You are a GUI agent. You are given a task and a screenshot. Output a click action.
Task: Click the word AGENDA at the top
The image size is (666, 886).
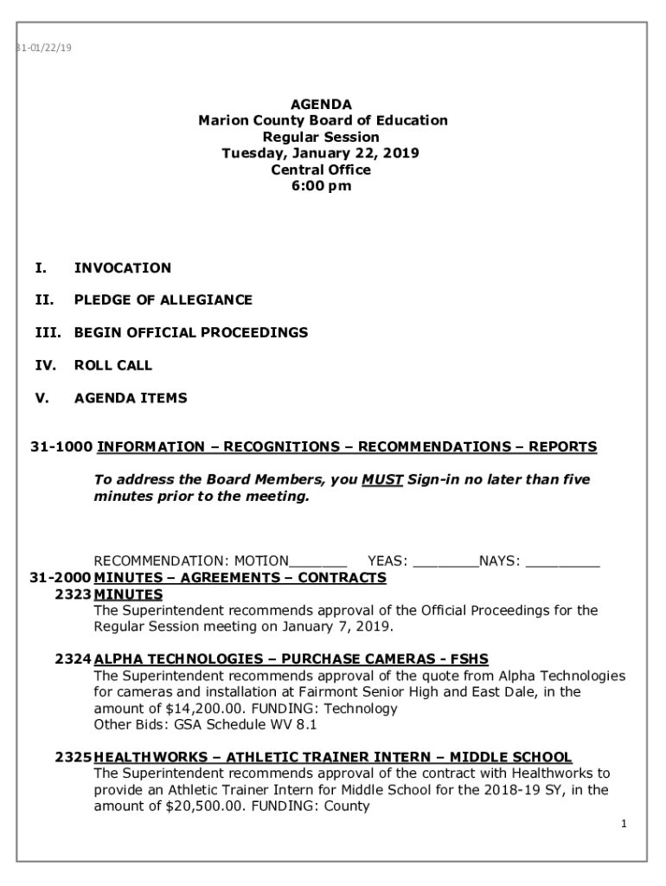click(321, 105)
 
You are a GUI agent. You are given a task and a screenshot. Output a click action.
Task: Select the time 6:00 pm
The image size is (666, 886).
click(321, 186)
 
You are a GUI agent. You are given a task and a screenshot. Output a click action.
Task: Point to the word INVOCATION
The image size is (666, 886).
click(122, 268)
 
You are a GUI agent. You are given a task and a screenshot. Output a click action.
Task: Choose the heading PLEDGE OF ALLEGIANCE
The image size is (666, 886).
click(163, 300)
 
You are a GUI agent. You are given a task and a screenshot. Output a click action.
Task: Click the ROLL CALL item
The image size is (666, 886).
click(112, 365)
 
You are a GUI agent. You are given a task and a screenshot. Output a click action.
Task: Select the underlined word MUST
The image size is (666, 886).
click(382, 479)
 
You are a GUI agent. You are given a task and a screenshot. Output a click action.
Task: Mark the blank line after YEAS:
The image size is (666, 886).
click(445, 562)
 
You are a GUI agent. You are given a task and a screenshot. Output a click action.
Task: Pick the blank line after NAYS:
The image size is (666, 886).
click(562, 562)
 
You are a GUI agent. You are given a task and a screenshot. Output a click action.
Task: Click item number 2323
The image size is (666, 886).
click(72, 594)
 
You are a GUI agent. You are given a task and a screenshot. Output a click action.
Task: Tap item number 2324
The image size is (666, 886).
click(72, 659)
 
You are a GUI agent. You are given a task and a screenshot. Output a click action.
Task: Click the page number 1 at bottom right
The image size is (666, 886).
click(623, 825)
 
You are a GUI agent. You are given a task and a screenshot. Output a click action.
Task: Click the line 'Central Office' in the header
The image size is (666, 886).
click(321, 170)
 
